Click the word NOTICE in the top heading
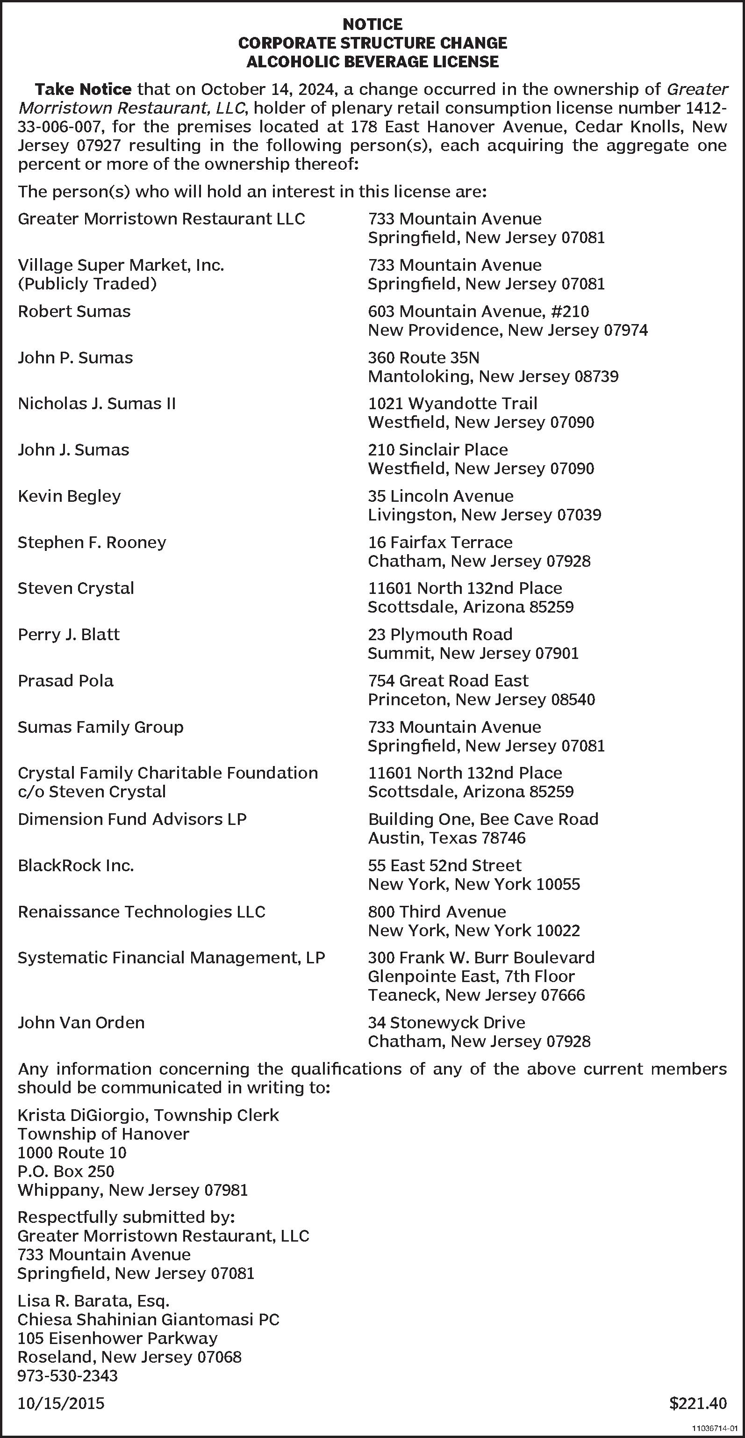(x=372, y=25)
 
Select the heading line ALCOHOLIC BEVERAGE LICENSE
(x=372, y=61)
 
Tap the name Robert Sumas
(x=74, y=311)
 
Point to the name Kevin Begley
(x=69, y=496)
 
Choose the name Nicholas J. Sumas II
(x=97, y=404)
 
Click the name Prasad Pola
(x=65, y=681)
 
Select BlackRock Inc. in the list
(x=76, y=866)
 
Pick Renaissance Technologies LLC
(x=141, y=912)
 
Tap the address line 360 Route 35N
(x=423, y=358)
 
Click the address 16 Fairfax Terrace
(x=440, y=542)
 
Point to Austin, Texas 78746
(x=446, y=838)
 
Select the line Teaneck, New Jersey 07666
(x=476, y=995)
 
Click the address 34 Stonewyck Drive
(x=446, y=1023)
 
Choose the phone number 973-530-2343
(x=67, y=1375)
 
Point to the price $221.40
(x=698, y=1403)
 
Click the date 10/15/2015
(x=61, y=1403)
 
